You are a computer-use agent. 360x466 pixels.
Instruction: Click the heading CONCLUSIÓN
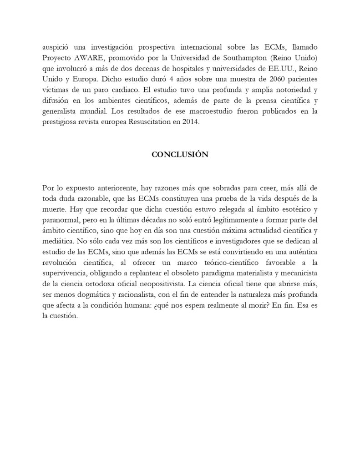180,154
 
